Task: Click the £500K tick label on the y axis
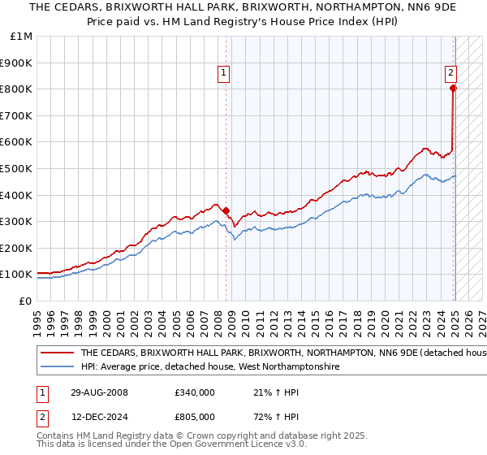(16, 168)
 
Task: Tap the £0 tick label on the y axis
(26, 301)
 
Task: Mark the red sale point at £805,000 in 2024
(454, 88)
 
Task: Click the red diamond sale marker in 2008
(226, 210)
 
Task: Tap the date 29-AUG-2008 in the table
(99, 392)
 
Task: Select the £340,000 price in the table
(195, 392)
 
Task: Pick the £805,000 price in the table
(195, 418)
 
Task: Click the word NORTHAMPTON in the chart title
(332, 8)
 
